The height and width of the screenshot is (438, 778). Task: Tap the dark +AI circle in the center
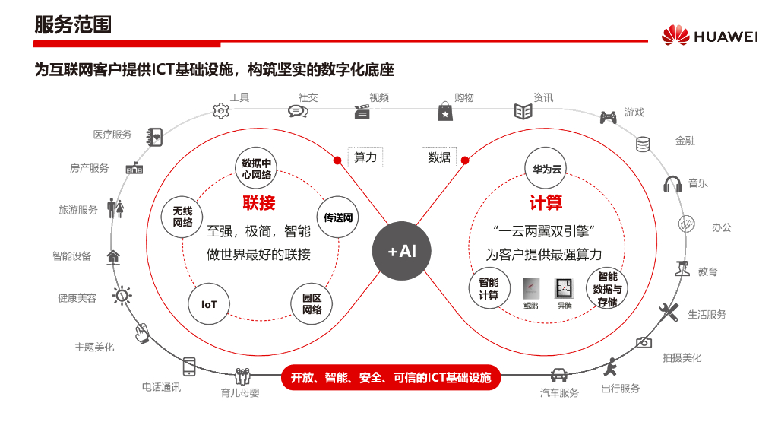pos(402,251)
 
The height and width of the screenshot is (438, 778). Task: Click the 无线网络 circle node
pos(182,217)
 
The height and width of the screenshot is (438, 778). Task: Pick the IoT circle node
pos(209,304)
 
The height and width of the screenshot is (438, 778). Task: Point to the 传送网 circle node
pos(338,217)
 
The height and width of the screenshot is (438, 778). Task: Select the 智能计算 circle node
pos(489,288)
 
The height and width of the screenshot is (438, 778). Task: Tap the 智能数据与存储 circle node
pos(607,289)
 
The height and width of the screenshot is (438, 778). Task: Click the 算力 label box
pos(365,157)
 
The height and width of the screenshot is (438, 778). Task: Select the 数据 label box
pos(439,157)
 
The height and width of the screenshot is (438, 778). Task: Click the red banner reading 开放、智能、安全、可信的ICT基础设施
pos(391,377)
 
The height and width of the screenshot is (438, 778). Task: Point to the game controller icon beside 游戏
pos(609,117)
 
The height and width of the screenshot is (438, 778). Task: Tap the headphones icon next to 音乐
pos(672,184)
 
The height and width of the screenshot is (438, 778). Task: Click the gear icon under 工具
pos(221,111)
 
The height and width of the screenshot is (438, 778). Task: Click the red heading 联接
pos(259,203)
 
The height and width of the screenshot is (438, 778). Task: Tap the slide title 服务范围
pos(73,24)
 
